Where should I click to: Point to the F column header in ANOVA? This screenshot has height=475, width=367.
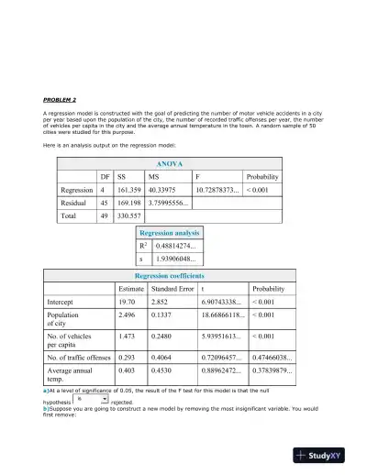198,176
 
